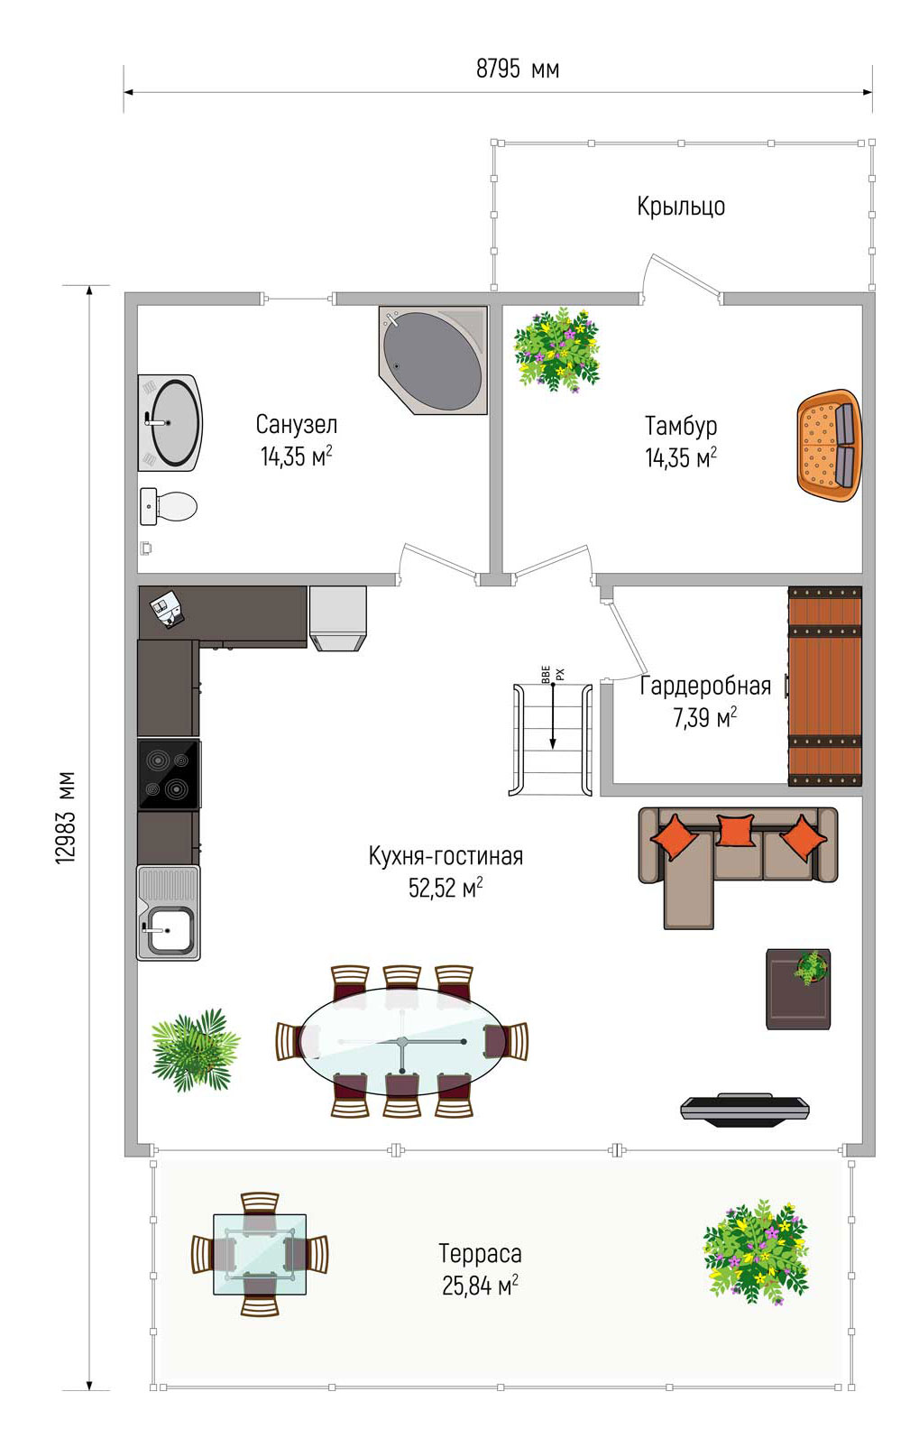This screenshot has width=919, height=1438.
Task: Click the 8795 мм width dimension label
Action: point(518,69)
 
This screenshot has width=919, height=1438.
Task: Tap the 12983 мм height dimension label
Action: point(66,817)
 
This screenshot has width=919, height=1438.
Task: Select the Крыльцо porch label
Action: point(681,206)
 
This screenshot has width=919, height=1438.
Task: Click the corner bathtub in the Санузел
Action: point(433,360)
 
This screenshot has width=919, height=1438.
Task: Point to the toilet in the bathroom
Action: point(168,506)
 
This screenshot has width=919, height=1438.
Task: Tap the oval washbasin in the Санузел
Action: point(170,423)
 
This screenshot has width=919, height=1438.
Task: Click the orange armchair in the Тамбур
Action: point(829,445)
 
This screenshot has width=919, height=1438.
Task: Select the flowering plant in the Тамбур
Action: point(556,350)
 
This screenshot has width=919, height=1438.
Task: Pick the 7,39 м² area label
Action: point(704,717)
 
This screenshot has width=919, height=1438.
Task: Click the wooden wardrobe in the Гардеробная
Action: point(824,686)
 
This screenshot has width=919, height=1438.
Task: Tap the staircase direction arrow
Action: point(553,715)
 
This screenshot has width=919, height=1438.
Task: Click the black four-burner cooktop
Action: point(169,774)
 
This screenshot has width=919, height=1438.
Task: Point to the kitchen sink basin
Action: point(170,930)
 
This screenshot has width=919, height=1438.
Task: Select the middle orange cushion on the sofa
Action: point(735,829)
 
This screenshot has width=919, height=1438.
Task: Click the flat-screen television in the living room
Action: point(744,1110)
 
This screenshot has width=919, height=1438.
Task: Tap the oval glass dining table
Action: point(401,1041)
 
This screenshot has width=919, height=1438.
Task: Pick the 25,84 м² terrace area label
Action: point(480,1286)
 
